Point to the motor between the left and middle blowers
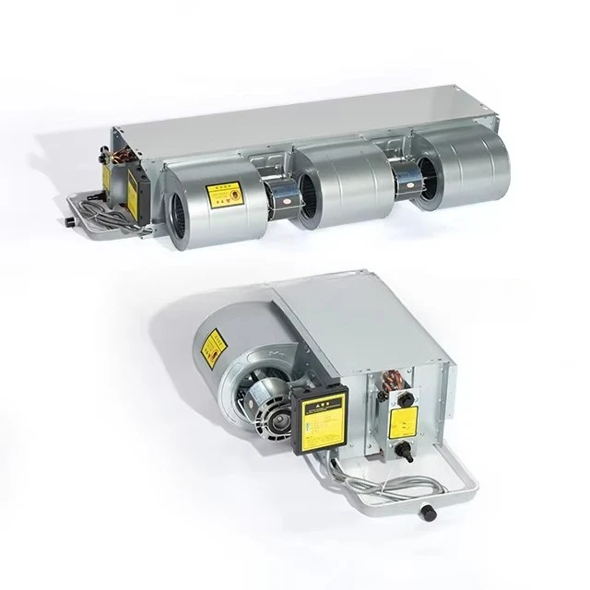279,194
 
